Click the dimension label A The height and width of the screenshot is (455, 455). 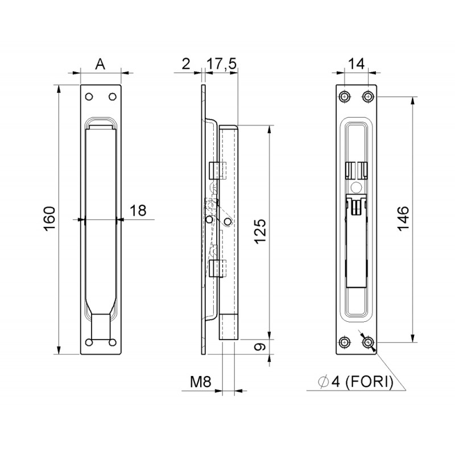tap(100, 64)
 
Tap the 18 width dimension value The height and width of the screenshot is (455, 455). tap(138, 210)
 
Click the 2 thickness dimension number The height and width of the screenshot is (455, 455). tap(186, 64)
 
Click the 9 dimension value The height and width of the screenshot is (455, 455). tap(259, 346)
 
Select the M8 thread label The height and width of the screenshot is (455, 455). tap(201, 383)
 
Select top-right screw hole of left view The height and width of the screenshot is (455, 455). tap(111, 96)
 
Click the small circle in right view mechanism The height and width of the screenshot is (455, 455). tap(356, 187)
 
